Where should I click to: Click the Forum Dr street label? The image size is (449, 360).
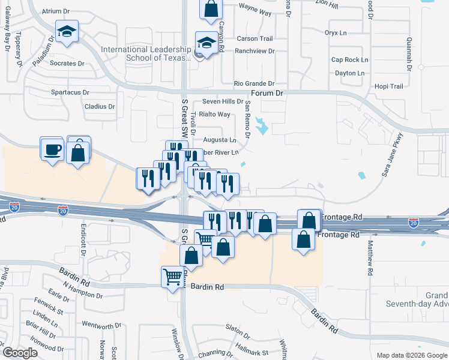coord(267,93)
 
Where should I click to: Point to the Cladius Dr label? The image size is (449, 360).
coord(100,107)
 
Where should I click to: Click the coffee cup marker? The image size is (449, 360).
coord(52,148)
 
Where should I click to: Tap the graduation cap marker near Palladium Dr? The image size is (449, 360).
coord(67,32)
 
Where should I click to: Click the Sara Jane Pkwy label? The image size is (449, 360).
coord(393,155)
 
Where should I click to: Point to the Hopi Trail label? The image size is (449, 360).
coord(389,86)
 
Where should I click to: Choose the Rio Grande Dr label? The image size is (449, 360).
coord(254,83)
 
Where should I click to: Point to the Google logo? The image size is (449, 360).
coord(20,353)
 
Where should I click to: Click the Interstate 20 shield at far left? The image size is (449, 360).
coord(14,207)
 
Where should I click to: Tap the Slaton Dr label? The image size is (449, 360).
coord(237,327)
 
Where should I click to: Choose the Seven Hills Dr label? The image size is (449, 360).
coord(223,101)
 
